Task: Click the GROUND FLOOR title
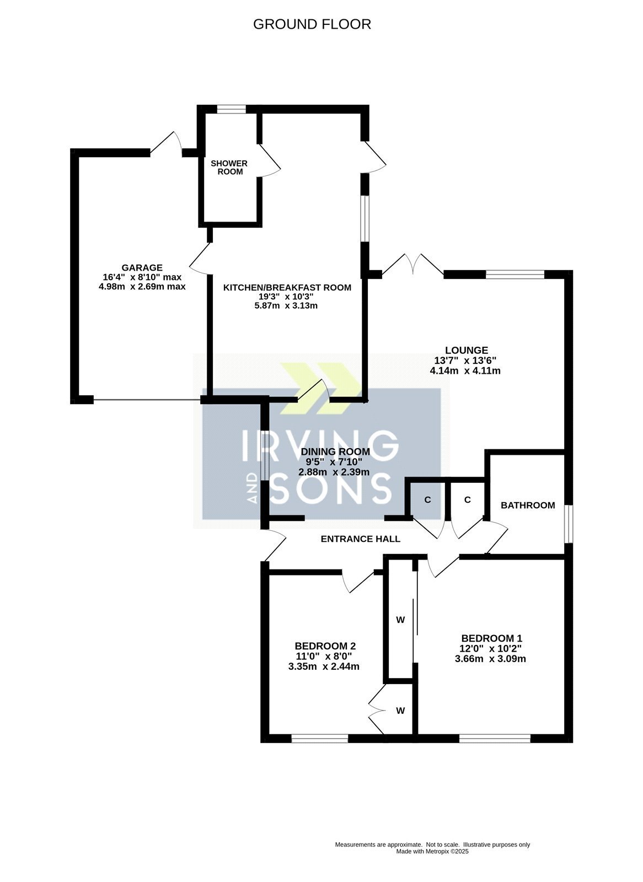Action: pos(312,24)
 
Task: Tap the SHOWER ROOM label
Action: pos(229,168)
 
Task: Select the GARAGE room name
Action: pos(142,268)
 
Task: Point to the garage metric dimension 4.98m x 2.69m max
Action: pos(142,286)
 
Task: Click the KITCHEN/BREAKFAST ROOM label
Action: pos(287,287)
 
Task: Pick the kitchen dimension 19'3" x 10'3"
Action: pos(286,297)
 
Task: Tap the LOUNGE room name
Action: pos(467,350)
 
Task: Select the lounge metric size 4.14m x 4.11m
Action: pos(465,370)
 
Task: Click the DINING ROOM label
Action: pos(335,451)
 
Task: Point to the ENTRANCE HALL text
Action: pos(361,539)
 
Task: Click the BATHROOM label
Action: pos(528,505)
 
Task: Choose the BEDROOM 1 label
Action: pos(492,638)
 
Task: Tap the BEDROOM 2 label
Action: pos(325,646)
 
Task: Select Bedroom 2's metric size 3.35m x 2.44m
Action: pos(324,666)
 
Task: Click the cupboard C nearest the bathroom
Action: pos(468,499)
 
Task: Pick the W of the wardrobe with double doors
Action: pos(400,711)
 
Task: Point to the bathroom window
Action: pos(569,524)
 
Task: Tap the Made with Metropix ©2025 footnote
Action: pos(432,852)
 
